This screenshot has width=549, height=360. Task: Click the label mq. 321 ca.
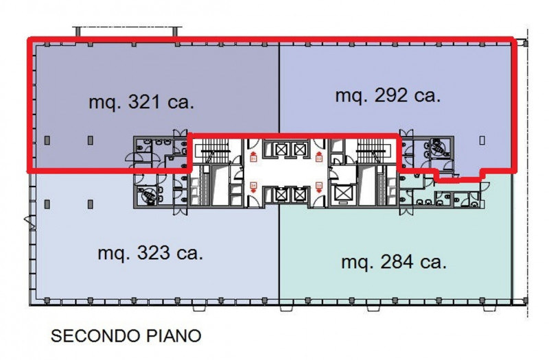[x=142, y=103]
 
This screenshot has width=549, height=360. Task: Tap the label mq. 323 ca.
[x=150, y=253]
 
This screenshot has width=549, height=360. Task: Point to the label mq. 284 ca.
[x=394, y=262]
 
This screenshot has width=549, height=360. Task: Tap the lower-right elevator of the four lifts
[x=298, y=194]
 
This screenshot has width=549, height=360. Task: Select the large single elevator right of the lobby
[x=341, y=195]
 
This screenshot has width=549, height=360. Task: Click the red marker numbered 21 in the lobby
[x=253, y=158]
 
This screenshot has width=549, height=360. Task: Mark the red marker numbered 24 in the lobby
[x=253, y=186]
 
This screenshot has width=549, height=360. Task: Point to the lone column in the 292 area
[x=482, y=140]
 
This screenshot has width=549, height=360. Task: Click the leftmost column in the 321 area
[x=47, y=140]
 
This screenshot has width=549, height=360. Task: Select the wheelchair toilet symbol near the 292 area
[x=436, y=146]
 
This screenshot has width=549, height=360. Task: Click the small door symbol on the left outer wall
[x=27, y=221]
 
